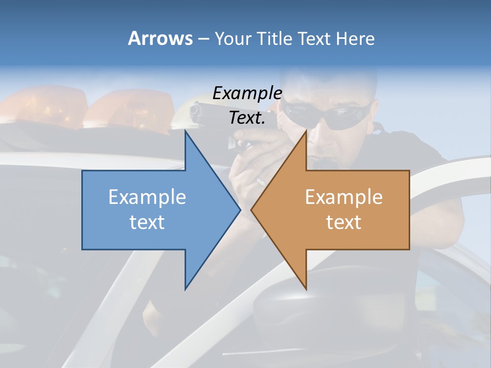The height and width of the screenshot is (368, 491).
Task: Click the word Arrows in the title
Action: [x=160, y=38]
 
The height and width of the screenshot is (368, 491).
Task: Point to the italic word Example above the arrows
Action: [x=247, y=93]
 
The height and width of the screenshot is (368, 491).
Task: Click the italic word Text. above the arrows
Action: [x=247, y=118]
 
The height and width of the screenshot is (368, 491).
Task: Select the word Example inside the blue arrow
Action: [x=147, y=197]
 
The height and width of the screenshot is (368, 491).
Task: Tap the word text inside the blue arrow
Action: [x=147, y=222]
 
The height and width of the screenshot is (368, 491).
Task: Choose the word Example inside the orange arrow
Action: [x=344, y=197]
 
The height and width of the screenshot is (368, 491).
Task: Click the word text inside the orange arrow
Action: [x=344, y=222]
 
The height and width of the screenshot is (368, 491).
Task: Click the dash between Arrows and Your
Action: [x=203, y=39]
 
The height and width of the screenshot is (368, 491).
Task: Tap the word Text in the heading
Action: [x=314, y=38]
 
